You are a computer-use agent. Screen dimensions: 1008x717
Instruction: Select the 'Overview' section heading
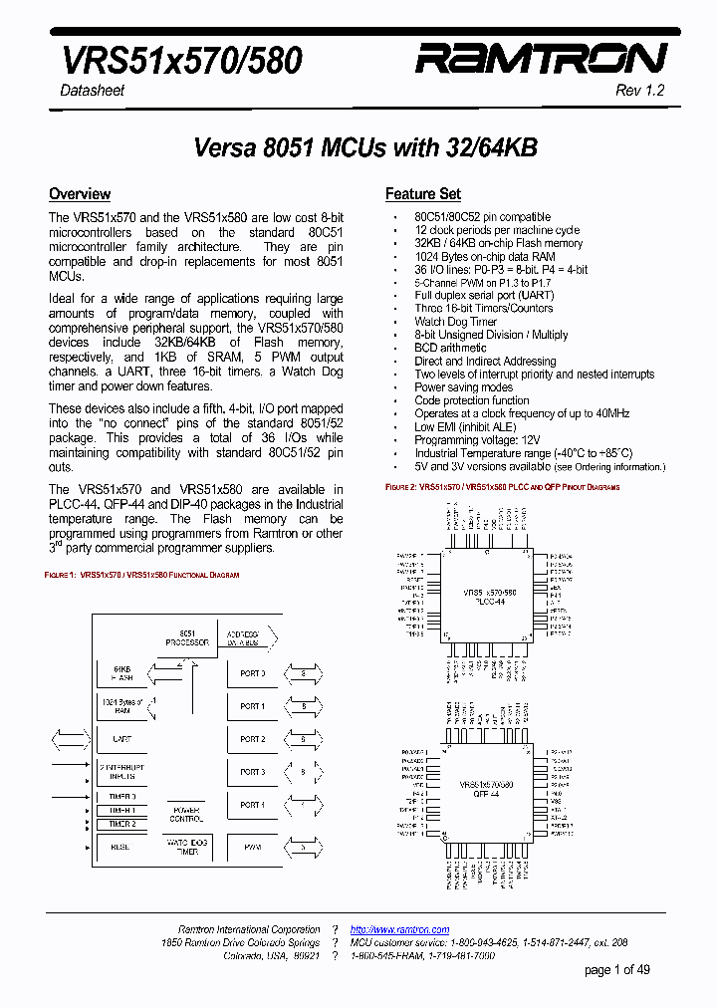(x=80, y=194)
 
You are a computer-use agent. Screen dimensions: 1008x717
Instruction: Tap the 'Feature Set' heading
(x=423, y=194)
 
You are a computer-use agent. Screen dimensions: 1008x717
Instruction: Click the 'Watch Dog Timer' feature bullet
(x=455, y=322)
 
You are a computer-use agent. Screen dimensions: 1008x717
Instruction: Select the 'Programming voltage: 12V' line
(x=478, y=440)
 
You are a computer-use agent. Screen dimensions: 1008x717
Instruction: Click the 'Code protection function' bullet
(x=472, y=400)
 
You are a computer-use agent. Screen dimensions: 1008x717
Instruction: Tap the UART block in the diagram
(x=122, y=739)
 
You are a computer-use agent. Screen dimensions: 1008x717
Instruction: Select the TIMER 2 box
(x=122, y=824)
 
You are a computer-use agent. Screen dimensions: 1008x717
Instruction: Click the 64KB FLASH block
(x=122, y=673)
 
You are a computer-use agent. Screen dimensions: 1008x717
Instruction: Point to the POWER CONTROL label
(x=186, y=814)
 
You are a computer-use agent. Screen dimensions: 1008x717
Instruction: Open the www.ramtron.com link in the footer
(x=399, y=929)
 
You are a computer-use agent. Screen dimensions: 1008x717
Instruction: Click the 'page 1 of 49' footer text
(x=616, y=970)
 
